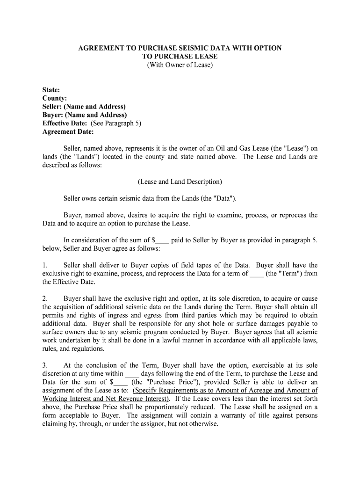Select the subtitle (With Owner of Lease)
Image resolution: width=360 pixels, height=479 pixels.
(x=180, y=65)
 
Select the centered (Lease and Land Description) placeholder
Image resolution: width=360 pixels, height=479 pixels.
(x=180, y=181)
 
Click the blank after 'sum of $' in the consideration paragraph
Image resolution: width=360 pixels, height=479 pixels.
(x=162, y=240)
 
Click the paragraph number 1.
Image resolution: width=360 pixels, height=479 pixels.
(x=44, y=265)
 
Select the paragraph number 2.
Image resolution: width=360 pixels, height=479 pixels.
(x=44, y=298)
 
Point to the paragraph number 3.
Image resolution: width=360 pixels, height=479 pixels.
(x=44, y=365)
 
